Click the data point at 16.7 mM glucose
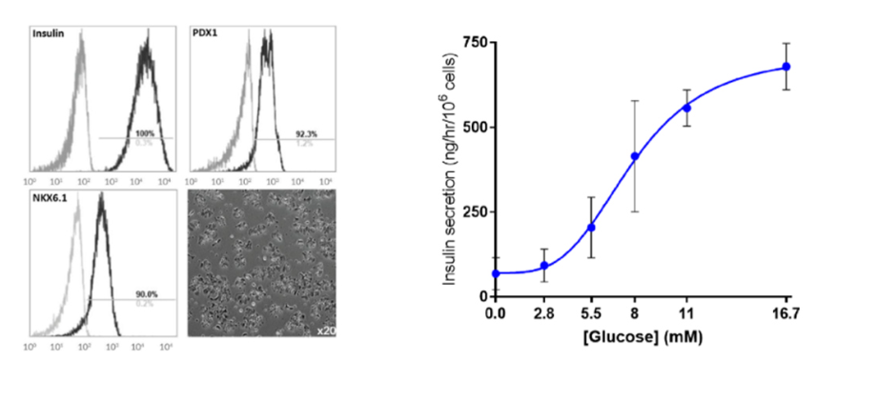[786, 67]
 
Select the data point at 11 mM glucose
[686, 108]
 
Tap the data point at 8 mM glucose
[635, 156]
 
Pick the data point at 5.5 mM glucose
[591, 227]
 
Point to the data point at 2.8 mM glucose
[544, 266]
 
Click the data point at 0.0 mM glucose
[496, 273]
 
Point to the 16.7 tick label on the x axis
[786, 312]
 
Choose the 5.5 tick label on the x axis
[591, 312]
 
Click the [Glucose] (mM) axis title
[641, 336]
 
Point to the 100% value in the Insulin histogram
[145, 132]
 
